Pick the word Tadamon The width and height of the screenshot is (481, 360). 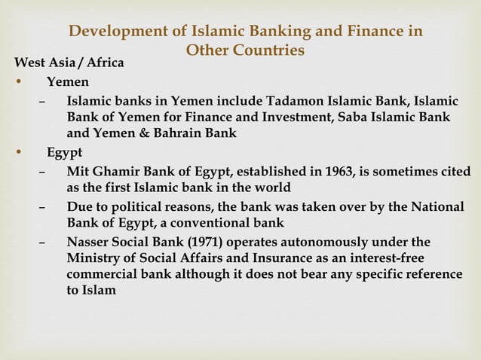click(x=284, y=101)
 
